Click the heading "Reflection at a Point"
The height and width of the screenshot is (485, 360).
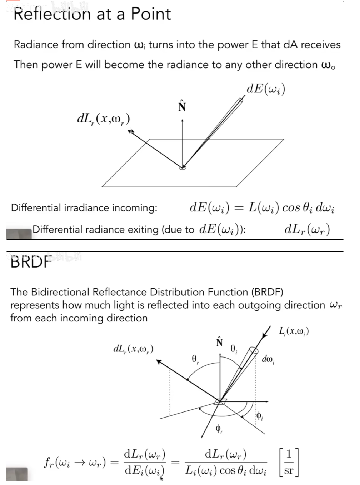pyautogui.click(x=92, y=14)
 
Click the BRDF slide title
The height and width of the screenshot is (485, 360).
pyautogui.click(x=31, y=262)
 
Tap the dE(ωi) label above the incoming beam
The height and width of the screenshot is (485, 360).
pyautogui.click(x=266, y=89)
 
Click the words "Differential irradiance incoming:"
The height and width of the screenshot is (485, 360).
pyautogui.click(x=84, y=208)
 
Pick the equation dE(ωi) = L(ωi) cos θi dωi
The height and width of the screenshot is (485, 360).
pyautogui.click(x=262, y=207)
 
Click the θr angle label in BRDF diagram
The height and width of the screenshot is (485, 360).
pyautogui.click(x=195, y=359)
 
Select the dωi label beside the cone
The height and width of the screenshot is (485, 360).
pyautogui.click(x=268, y=359)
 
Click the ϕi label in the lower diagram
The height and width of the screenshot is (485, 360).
pyautogui.click(x=259, y=416)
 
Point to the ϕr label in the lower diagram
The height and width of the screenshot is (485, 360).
pyautogui.click(x=219, y=428)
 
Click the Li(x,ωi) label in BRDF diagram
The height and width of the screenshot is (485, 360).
pyautogui.click(x=294, y=331)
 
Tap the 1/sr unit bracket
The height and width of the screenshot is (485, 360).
pyautogui.click(x=289, y=462)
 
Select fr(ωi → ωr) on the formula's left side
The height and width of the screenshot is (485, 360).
pyautogui.click(x=75, y=463)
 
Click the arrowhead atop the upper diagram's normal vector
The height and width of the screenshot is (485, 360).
pyautogui.click(x=182, y=121)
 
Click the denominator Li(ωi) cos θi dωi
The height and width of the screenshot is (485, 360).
pyautogui.click(x=226, y=471)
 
